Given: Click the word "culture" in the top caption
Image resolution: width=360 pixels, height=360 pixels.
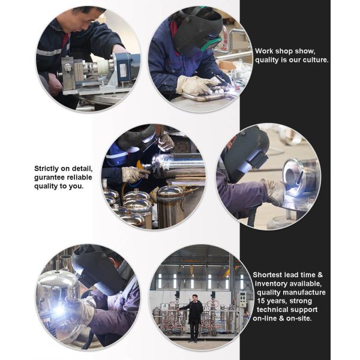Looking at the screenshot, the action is pyautogui.click(x=316, y=60).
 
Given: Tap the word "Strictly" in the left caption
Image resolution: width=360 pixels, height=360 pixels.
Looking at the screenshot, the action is pyautogui.click(x=47, y=169).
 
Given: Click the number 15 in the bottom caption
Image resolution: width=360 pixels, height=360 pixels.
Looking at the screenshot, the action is pyautogui.click(x=261, y=301).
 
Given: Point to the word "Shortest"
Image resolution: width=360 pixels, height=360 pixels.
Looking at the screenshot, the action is pyautogui.click(x=268, y=275).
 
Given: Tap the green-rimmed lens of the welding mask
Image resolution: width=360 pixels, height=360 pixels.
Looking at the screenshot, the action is pyautogui.click(x=211, y=44).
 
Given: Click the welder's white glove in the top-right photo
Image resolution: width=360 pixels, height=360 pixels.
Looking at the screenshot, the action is pyautogui.click(x=196, y=85).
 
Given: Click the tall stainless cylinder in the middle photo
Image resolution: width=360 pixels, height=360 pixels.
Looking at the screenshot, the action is pyautogui.click(x=170, y=208).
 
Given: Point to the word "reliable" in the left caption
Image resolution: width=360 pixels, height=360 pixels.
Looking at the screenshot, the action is pyautogui.click(x=79, y=178).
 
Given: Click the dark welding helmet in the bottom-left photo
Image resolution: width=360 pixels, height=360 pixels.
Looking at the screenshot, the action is pyautogui.click(x=99, y=269).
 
